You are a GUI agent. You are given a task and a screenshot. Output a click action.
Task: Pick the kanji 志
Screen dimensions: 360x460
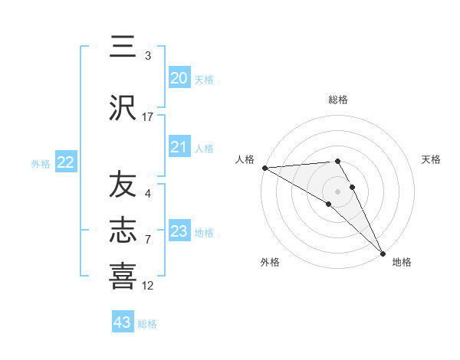point(123,231)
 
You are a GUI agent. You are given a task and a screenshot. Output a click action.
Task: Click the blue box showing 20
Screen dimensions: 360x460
point(179,77)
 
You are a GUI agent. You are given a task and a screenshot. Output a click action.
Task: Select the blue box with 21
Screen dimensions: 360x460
point(179,147)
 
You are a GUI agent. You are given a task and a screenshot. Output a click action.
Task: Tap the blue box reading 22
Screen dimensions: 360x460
point(66,162)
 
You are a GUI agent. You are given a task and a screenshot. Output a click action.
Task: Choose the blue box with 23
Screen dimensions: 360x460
point(179,231)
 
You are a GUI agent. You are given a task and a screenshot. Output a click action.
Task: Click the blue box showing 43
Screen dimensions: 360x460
point(123,322)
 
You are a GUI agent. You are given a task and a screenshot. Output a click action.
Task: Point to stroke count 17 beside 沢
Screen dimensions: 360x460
point(148,117)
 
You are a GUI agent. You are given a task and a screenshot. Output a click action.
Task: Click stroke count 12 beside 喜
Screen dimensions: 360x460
point(148,286)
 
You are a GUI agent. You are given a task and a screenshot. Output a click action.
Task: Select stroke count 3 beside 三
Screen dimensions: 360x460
point(148,56)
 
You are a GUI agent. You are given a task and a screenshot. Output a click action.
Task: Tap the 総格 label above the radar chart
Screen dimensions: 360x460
point(338,100)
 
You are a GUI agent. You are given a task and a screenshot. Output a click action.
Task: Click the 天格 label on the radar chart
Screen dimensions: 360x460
point(432,159)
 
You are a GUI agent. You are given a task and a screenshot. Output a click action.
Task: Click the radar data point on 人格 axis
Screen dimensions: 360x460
point(264,168)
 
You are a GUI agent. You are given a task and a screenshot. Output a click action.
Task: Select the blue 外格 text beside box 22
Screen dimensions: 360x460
point(41,163)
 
